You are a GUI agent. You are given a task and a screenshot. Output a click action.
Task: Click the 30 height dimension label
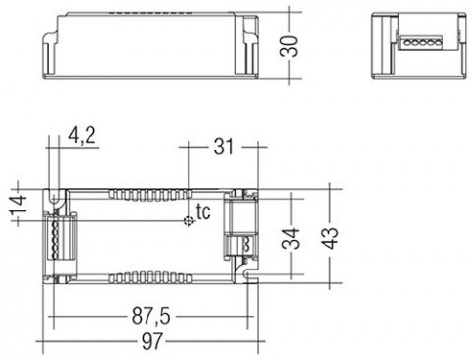(x=289, y=46)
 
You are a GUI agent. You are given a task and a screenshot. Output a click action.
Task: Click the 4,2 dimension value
(x=82, y=135)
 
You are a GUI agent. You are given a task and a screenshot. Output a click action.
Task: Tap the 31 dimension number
(x=224, y=147)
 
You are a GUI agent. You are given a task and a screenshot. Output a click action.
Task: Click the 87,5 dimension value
(x=151, y=317)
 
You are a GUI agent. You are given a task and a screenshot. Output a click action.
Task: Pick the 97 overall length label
(x=151, y=341)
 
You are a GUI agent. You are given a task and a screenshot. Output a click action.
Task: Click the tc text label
(x=203, y=212)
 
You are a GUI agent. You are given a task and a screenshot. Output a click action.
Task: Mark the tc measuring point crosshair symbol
(x=189, y=221)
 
